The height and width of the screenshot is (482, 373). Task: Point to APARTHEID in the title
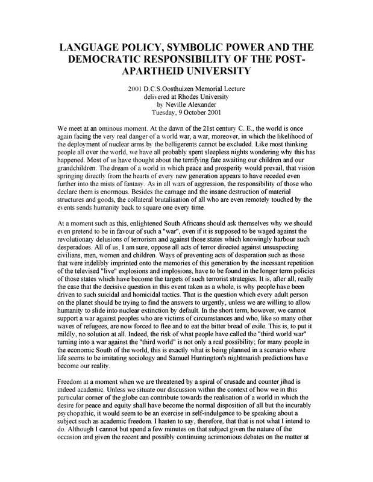[x=186, y=74]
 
